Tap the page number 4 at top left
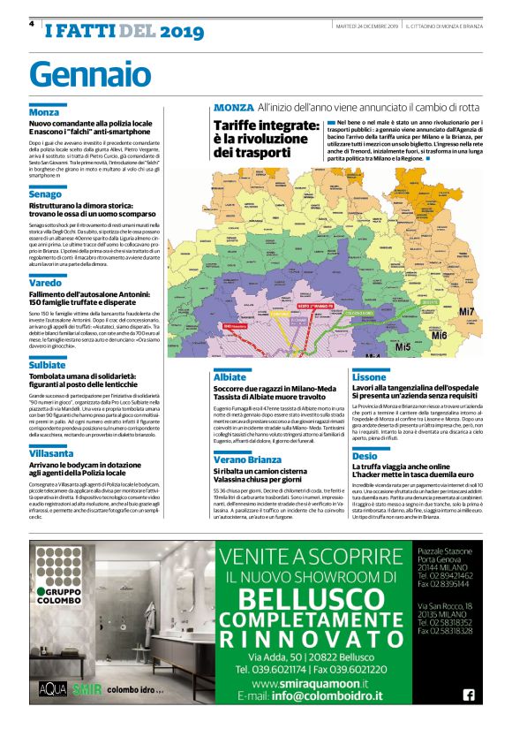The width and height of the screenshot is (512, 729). click(31, 24)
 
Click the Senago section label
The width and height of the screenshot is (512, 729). click(46, 193)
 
